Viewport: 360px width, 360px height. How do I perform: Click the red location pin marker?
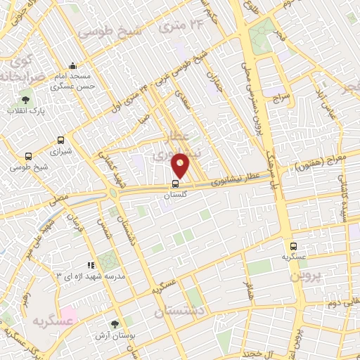point(181,165)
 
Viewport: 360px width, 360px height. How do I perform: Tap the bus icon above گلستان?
point(175,185)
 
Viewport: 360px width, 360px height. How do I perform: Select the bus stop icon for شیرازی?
point(61,140)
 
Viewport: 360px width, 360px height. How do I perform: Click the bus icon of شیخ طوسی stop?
point(28,157)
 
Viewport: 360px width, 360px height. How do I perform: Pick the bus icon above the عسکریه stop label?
point(293,246)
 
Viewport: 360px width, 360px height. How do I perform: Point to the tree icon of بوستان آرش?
point(115,324)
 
